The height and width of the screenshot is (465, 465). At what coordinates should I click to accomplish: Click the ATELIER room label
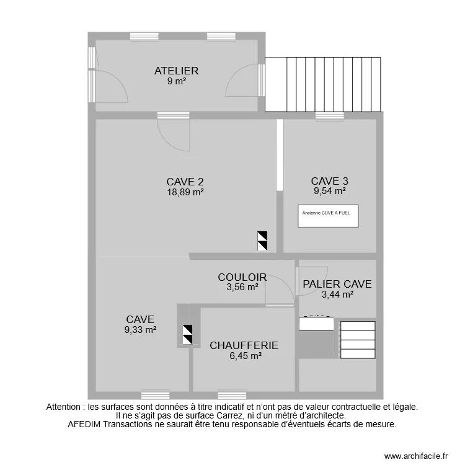click(x=176, y=71)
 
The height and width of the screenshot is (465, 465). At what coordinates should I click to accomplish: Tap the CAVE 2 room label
click(x=185, y=182)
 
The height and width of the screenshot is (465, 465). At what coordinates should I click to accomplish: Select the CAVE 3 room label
click(x=329, y=181)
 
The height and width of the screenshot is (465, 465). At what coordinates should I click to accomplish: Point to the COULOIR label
click(x=242, y=277)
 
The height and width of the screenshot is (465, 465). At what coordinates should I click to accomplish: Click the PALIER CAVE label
click(x=337, y=284)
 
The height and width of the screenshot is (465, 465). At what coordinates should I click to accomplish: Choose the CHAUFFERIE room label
click(x=243, y=345)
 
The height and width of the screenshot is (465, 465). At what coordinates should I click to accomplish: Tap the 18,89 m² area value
click(x=185, y=192)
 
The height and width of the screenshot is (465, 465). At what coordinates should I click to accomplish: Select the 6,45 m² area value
click(x=243, y=356)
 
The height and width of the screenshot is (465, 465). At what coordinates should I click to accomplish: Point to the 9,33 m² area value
click(x=140, y=330)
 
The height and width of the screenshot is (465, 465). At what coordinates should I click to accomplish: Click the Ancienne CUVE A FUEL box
click(x=328, y=216)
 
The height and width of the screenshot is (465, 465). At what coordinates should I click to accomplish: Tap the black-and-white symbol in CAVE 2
click(x=262, y=241)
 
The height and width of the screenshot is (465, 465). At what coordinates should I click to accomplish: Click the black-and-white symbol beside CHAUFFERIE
click(x=187, y=335)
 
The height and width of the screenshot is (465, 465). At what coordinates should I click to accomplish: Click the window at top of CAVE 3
click(x=330, y=115)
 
